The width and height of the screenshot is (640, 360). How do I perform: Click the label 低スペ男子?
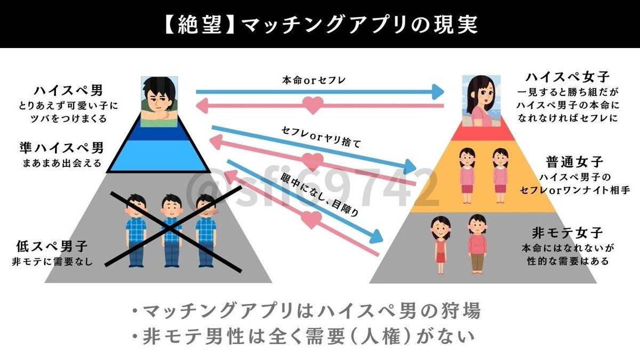tap(52, 247)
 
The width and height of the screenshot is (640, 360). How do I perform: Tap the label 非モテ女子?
tap(567, 233)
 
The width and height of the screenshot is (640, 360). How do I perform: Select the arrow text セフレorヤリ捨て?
tap(321, 137)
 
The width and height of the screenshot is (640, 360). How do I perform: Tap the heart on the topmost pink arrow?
tap(313, 105)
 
